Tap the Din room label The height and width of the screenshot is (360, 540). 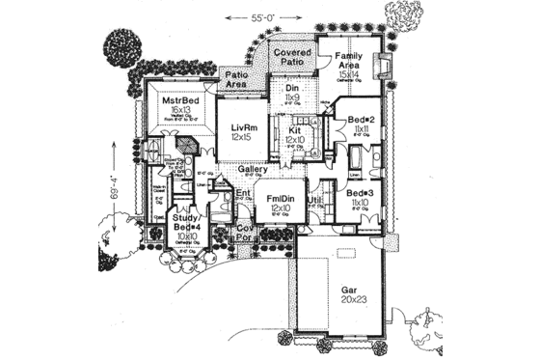tap(293, 88)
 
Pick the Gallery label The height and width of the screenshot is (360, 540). tap(254, 168)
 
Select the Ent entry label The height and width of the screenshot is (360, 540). tap(243, 194)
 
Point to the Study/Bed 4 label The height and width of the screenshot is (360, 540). tap(185, 224)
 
